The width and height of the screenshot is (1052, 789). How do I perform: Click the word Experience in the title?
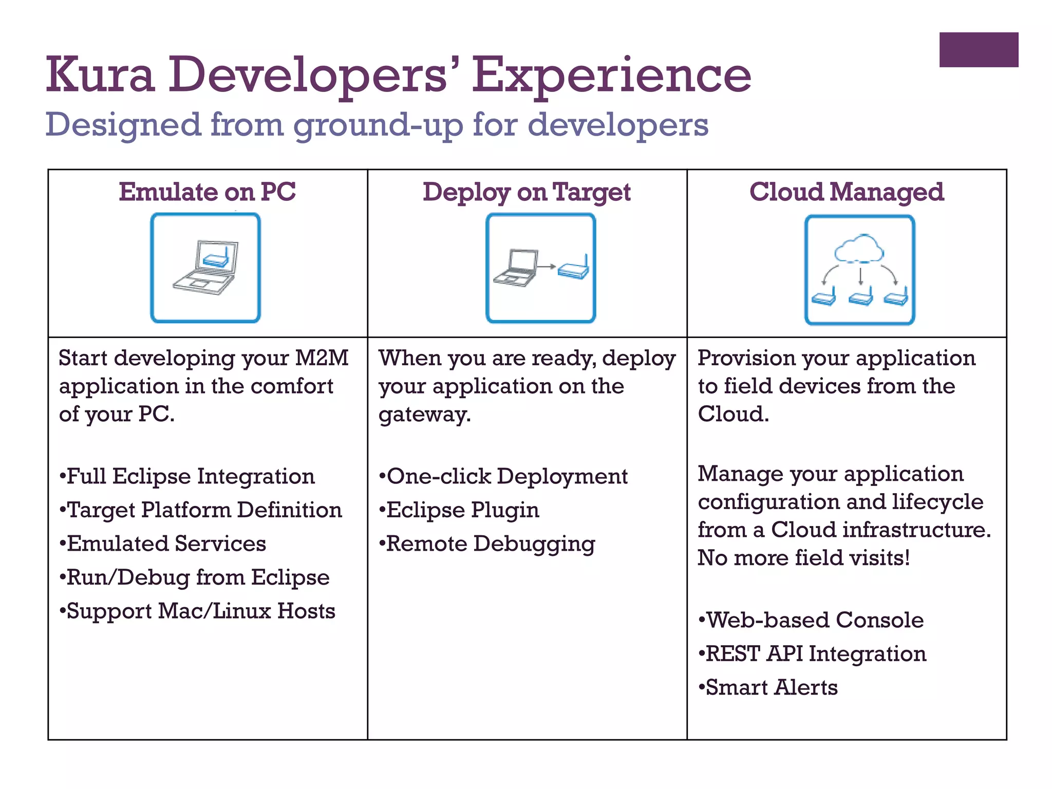(611, 76)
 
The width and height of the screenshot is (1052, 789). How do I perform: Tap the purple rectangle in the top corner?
(979, 50)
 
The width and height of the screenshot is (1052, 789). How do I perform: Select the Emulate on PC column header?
(207, 192)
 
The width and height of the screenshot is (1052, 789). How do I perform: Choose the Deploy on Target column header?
(527, 193)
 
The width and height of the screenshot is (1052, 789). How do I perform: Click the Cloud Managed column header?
(846, 192)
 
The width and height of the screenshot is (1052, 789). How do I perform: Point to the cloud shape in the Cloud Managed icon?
(859, 249)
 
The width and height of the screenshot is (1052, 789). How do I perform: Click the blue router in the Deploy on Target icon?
(574, 269)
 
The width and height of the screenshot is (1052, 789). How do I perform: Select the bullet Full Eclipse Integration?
(187, 476)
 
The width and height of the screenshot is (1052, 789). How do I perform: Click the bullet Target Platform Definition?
(200, 510)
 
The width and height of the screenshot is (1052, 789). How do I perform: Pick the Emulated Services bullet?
(163, 543)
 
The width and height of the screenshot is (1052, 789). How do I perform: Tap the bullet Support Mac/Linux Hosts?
(197, 611)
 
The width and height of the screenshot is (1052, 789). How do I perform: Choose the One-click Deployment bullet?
(503, 476)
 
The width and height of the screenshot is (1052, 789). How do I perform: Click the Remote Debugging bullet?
(487, 543)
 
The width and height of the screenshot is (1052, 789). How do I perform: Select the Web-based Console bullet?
(811, 620)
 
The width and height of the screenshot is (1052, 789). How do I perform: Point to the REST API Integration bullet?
(813, 654)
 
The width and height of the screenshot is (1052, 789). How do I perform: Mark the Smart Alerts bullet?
(768, 687)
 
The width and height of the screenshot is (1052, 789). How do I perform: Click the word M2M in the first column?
(322, 358)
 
